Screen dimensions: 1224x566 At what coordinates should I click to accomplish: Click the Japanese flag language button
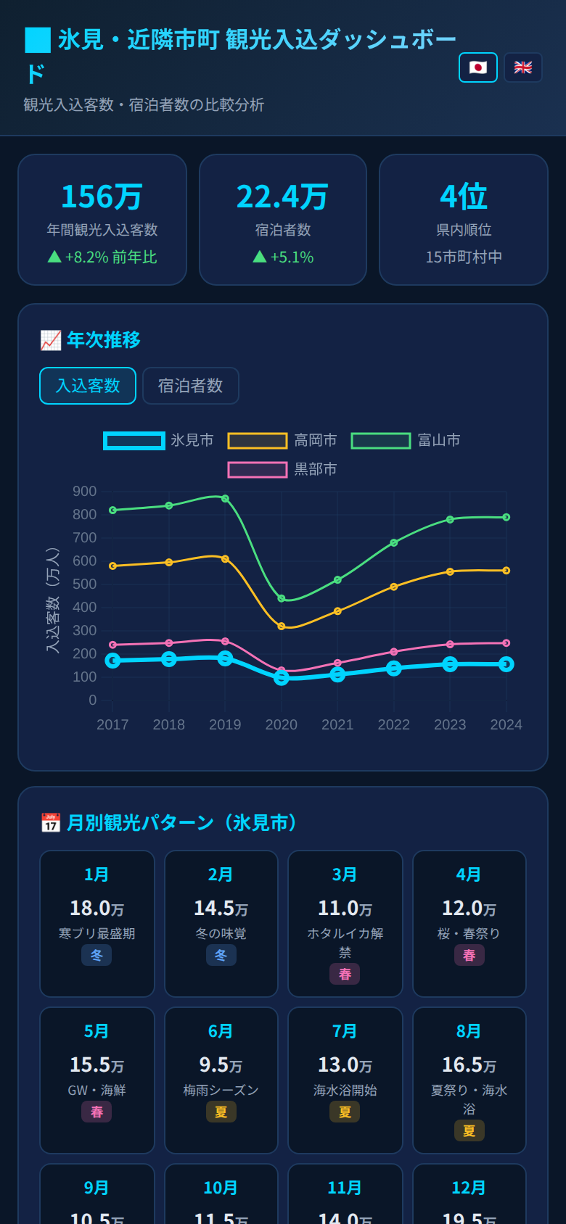coord(477,67)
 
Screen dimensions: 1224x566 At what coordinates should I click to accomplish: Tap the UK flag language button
coord(522,67)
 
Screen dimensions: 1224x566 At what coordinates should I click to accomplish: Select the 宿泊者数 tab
coord(190,386)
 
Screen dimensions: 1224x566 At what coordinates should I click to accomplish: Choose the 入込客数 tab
coord(88,386)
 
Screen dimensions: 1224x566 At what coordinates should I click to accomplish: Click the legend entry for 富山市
coord(406,440)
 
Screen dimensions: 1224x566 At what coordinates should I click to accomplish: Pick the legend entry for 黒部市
coord(282,469)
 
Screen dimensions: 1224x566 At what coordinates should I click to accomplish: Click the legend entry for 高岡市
coord(282,440)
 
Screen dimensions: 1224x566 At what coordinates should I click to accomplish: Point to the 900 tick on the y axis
coord(85,492)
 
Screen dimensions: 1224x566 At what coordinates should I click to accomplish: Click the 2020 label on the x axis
coord(282,724)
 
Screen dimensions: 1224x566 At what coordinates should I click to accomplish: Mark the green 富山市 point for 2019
coord(225,499)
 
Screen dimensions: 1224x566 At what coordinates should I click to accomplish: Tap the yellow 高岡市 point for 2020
coord(282,626)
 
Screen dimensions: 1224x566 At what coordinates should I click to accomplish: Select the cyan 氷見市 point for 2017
coord(112,661)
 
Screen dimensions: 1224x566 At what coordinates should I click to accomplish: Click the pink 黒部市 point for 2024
coord(506,643)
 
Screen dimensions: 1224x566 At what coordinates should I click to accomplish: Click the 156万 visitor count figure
coord(102,197)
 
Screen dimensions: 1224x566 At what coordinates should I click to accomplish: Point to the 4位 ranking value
coord(464,197)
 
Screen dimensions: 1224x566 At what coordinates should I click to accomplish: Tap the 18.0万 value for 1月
coord(97,908)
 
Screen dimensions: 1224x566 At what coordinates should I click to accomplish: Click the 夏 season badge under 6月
coord(221,1112)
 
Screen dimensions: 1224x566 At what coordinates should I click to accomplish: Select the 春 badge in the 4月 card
coord(469,955)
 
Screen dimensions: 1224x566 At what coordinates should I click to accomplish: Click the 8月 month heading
coord(469,1031)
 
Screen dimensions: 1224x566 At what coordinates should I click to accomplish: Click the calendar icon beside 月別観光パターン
coord(50,823)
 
